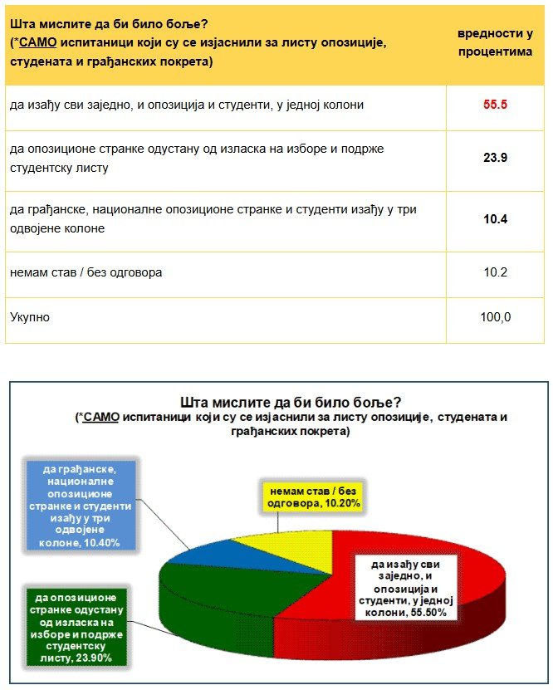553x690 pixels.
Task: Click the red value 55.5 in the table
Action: [x=495, y=106]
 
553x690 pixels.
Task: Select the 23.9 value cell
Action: [x=495, y=158]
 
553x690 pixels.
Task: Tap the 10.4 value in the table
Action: [x=495, y=219]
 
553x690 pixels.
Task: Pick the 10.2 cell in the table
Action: [x=495, y=272]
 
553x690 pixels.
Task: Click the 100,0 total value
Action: [x=495, y=317]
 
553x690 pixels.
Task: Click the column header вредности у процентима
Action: [x=495, y=42]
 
